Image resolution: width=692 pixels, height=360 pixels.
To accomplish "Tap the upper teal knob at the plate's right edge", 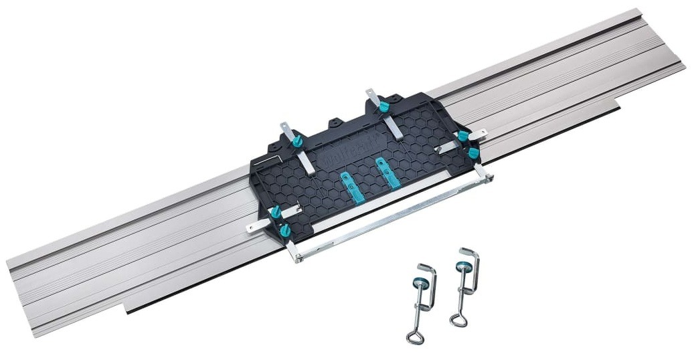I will tap(462, 136).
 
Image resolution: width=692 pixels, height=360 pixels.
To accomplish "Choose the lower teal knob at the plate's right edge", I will tap(473, 153).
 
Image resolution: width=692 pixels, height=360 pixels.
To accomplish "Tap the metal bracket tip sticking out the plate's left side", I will tap(252, 228).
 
